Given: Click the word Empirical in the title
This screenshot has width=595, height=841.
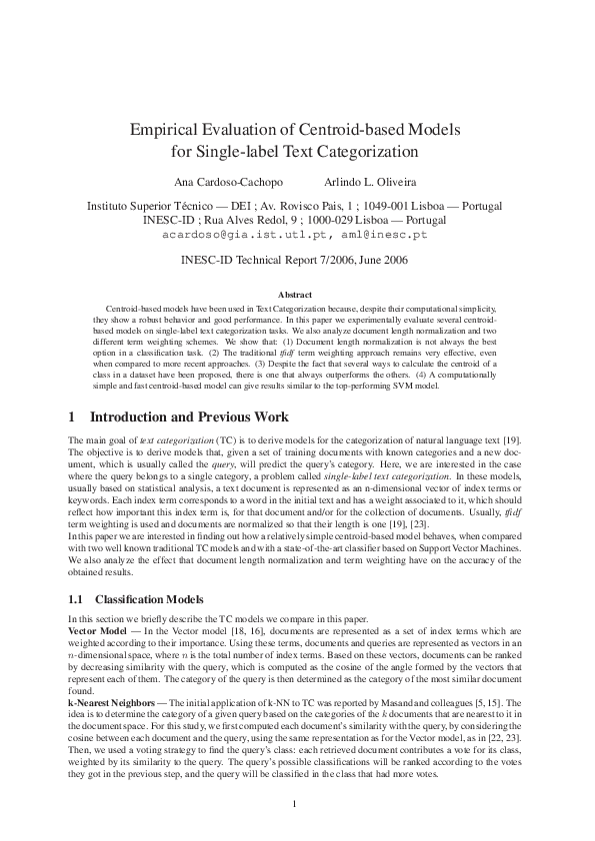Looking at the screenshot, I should coord(168,130).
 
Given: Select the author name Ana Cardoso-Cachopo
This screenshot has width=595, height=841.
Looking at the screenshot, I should coord(229,184).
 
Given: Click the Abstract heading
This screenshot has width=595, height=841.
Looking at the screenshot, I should coord(296,295).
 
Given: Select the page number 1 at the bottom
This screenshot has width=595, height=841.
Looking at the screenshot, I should coord(296,803).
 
